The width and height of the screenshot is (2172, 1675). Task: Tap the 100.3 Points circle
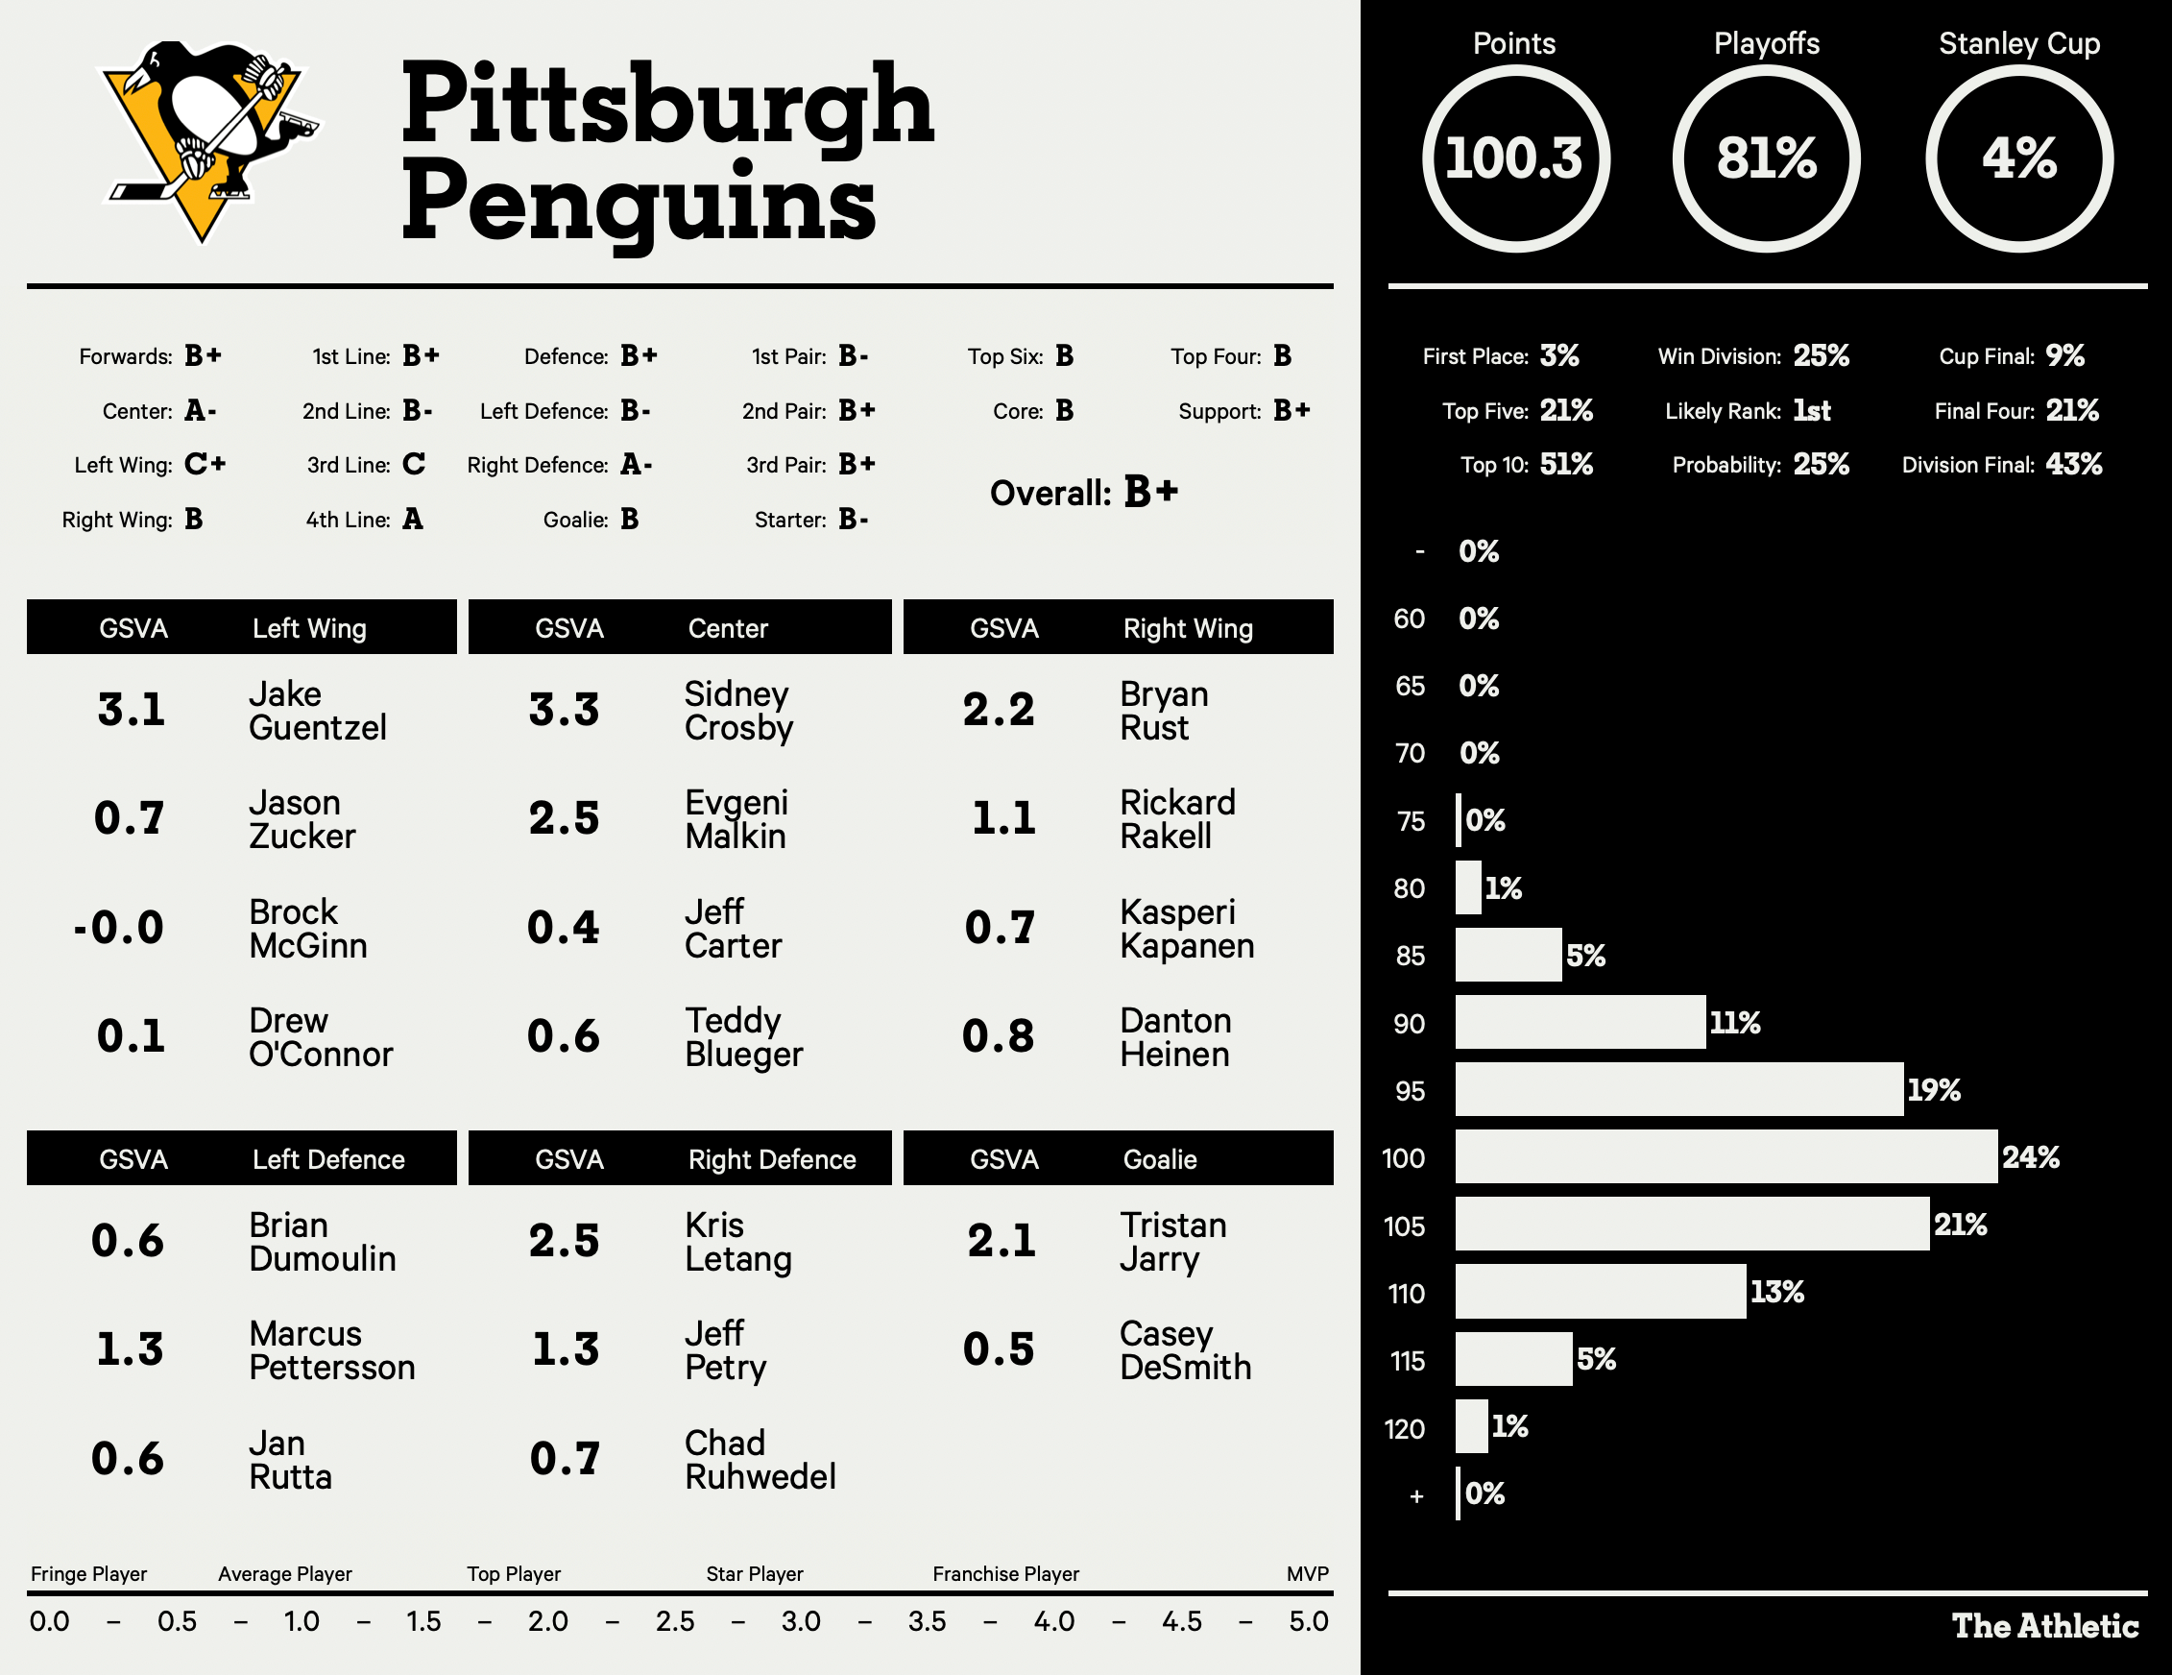[1514, 158]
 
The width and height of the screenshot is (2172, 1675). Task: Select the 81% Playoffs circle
[1766, 158]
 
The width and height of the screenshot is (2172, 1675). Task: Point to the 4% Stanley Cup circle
[2018, 158]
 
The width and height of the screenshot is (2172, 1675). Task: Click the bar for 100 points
[1726, 1156]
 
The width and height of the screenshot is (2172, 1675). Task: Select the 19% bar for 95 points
[1678, 1089]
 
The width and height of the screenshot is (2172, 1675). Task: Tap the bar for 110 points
[1600, 1292]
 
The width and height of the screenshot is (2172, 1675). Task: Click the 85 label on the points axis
[1410, 956]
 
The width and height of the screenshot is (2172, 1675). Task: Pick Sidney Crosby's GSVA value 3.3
[564, 710]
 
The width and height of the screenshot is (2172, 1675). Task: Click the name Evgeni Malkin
[736, 818]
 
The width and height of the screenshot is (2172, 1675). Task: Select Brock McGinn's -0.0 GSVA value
[119, 928]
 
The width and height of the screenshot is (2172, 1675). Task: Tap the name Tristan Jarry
[1172, 1241]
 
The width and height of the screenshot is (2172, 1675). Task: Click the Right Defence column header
[772, 1159]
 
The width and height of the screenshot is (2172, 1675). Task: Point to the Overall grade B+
[1150, 492]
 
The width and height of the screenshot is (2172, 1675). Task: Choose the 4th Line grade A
[413, 520]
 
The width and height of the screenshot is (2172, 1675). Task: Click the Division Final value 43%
[2073, 465]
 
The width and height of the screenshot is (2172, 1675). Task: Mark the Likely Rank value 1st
[1811, 411]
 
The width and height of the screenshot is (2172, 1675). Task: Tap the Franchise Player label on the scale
[1005, 1573]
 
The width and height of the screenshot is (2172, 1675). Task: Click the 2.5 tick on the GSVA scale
[675, 1621]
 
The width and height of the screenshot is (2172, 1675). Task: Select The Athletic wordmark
[2044, 1625]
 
